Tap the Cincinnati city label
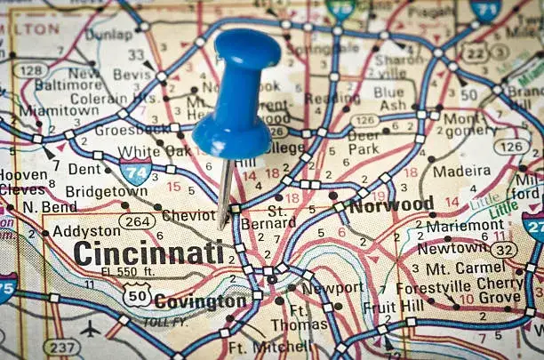[148, 252]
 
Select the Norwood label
[391, 205]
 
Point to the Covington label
[200, 302]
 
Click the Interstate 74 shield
[135, 171]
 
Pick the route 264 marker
[138, 220]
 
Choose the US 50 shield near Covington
[137, 294]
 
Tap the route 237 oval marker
[62, 346]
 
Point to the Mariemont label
[465, 225]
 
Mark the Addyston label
[86, 230]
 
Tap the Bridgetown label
[106, 190]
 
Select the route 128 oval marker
[31, 69]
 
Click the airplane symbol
[91, 329]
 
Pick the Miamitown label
[46, 109]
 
